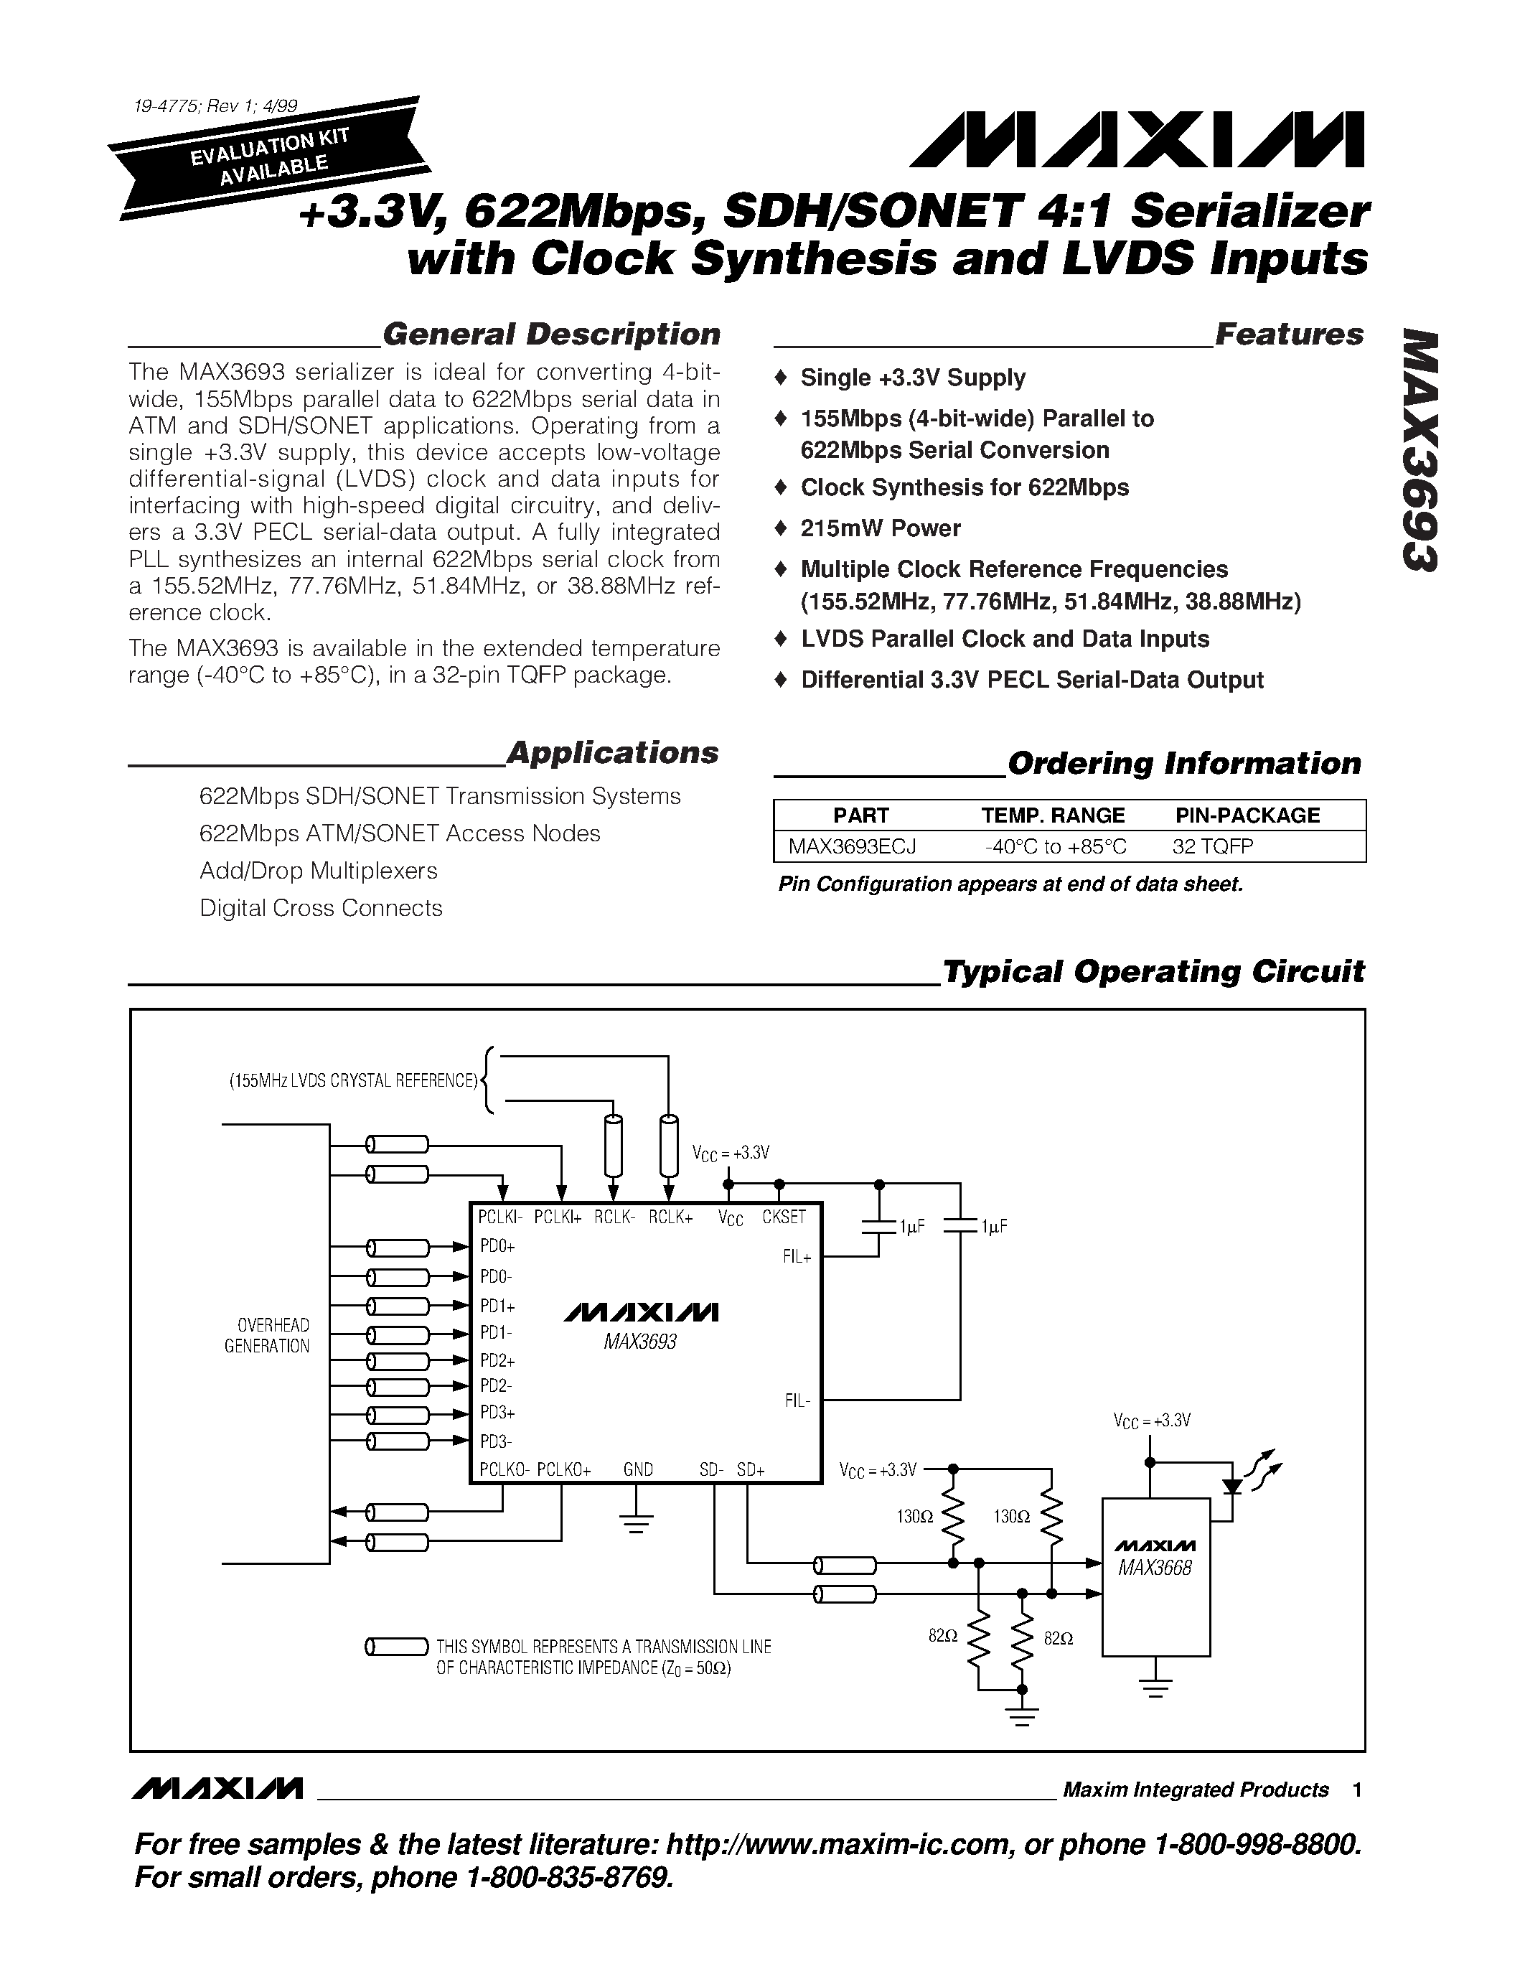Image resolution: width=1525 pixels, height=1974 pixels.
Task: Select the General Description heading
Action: pyautogui.click(x=551, y=335)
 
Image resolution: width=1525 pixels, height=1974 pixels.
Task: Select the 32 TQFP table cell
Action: pyautogui.click(x=1212, y=847)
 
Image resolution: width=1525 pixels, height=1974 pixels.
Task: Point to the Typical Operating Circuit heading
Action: pyautogui.click(x=1153, y=972)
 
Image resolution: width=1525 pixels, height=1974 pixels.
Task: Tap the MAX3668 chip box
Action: pyautogui.click(x=1155, y=1577)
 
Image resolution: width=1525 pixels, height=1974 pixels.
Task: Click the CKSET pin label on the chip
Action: pyautogui.click(x=783, y=1217)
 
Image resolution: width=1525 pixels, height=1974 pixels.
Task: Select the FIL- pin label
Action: pyautogui.click(x=797, y=1402)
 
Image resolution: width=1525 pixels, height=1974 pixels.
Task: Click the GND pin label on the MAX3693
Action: pyautogui.click(x=638, y=1469)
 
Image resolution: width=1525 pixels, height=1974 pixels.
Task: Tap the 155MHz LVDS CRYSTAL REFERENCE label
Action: pyautogui.click(x=353, y=1081)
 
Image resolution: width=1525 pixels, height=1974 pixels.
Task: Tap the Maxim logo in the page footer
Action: pyautogui.click(x=217, y=1789)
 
